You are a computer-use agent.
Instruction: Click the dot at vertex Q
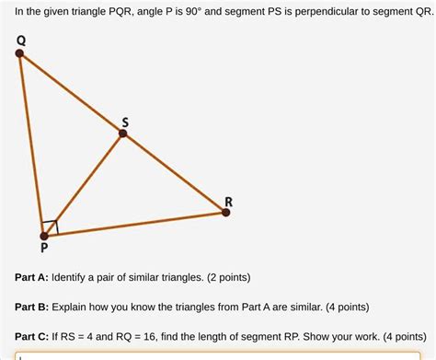point(19,54)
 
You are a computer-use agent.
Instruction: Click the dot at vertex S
point(123,133)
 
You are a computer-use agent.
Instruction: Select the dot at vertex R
point(226,212)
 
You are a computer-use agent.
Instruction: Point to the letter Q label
point(20,40)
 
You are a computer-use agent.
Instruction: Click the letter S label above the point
point(125,121)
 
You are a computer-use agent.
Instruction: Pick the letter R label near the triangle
point(228,200)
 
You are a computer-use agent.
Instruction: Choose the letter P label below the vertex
point(43,248)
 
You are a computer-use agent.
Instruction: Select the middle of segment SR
point(175,172)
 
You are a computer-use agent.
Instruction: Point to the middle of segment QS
point(72,94)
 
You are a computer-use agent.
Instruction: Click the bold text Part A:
point(31,277)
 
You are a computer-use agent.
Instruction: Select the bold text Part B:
point(31,307)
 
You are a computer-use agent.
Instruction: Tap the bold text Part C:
point(31,336)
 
